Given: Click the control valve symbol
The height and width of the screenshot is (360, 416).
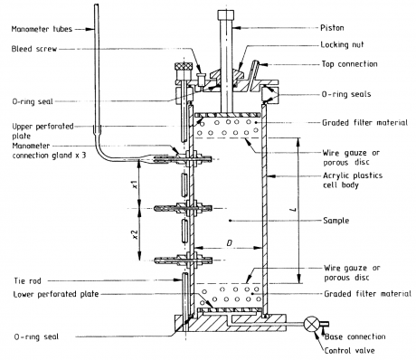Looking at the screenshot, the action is [x=312, y=324].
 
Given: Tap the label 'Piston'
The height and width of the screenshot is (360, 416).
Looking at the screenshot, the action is [x=332, y=28].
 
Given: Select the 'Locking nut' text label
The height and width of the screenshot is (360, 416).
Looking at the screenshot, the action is [x=342, y=44].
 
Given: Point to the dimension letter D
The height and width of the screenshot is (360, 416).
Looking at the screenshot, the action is [x=230, y=242].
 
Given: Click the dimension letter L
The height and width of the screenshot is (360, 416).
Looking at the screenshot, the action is [x=295, y=209].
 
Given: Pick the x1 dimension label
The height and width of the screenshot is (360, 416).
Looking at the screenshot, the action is [x=136, y=185].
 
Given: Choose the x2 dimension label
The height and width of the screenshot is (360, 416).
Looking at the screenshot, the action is [x=135, y=234].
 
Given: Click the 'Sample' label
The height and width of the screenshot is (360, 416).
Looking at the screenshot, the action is [x=336, y=221].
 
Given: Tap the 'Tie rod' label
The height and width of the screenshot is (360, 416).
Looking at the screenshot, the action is [x=27, y=281].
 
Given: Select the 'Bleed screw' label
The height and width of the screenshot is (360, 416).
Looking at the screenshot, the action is [x=34, y=49].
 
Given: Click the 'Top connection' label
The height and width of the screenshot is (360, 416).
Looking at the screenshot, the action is [x=349, y=64].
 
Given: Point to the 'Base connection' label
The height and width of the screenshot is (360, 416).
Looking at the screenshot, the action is [x=355, y=336].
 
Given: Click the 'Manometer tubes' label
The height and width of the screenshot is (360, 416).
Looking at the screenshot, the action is [x=42, y=29].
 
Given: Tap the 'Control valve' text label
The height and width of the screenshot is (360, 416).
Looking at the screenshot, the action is [x=350, y=350].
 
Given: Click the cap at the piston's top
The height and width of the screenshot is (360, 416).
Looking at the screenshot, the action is [x=226, y=14].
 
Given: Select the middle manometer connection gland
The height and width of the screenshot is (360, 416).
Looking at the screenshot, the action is [x=183, y=208].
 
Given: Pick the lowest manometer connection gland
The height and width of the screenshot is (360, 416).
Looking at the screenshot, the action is [x=183, y=260].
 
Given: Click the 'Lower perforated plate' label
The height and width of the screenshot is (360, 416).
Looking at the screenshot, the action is [x=56, y=294].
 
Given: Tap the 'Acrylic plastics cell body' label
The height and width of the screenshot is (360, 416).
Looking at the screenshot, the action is [x=353, y=180].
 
